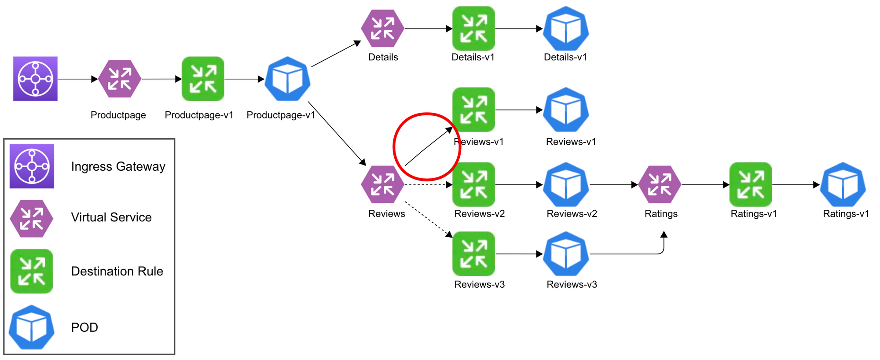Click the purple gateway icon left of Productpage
pyautogui.click(x=35, y=79)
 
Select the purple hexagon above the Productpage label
pyautogui.click(x=119, y=79)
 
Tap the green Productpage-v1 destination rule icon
pyautogui.click(x=203, y=79)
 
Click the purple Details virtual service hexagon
pyautogui.click(x=382, y=29)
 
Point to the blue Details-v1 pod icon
pyautogui.click(x=566, y=29)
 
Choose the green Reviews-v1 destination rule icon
pyautogui.click(x=473, y=110)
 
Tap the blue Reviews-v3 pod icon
pyautogui.click(x=566, y=254)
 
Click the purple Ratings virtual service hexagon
pyautogui.click(x=660, y=184)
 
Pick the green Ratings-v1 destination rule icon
pyautogui.click(x=751, y=184)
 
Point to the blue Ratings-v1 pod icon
pyautogui.click(x=843, y=185)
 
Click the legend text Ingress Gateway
pyautogui.click(x=118, y=167)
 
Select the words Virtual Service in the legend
pyautogui.click(x=111, y=217)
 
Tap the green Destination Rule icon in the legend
pyautogui.click(x=32, y=271)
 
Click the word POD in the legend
pyautogui.click(x=84, y=327)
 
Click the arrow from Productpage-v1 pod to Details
pyautogui.click(x=336, y=54)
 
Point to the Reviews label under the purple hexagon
pyautogui.click(x=386, y=214)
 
